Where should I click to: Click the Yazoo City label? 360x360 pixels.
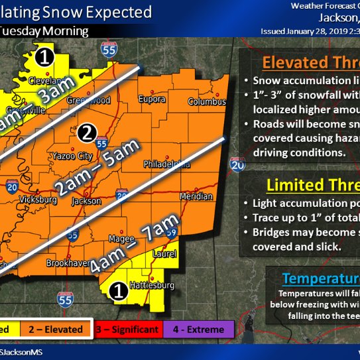68,156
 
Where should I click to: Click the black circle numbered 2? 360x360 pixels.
86,133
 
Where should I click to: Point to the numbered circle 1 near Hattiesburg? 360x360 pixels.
117,290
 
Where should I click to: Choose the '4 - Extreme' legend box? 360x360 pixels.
198,329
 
